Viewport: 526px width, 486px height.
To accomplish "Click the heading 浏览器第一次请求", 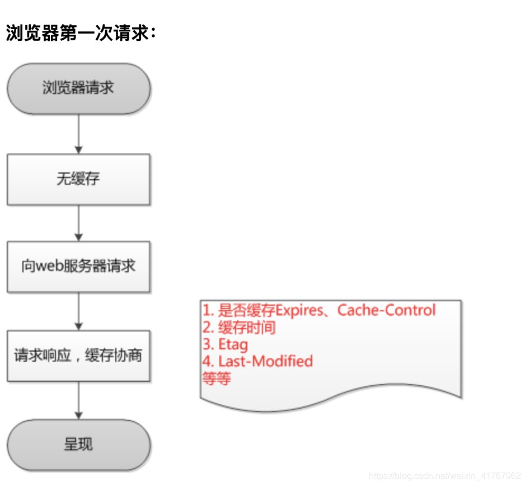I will point(80,34).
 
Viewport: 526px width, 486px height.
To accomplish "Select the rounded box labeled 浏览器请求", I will point(78,88).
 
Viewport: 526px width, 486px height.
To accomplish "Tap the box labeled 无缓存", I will point(78,179).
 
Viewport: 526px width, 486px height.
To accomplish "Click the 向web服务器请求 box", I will point(78,266).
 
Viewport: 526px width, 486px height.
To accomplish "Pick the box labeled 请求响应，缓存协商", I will point(78,356).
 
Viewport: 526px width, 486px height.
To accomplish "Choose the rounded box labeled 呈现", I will point(78,445).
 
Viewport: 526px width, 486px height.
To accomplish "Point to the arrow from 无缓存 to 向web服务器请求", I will point(78,223).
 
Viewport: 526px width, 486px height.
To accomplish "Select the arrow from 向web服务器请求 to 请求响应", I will point(78,311).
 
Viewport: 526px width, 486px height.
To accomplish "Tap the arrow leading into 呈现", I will point(78,400).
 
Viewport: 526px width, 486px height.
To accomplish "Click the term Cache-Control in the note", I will point(386,310).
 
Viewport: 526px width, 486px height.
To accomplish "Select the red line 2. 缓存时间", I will point(239,328).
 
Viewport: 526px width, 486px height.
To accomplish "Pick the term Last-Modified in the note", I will point(265,361).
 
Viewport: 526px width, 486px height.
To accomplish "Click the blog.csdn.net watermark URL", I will point(445,476).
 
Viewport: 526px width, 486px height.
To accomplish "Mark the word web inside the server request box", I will point(47,266).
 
